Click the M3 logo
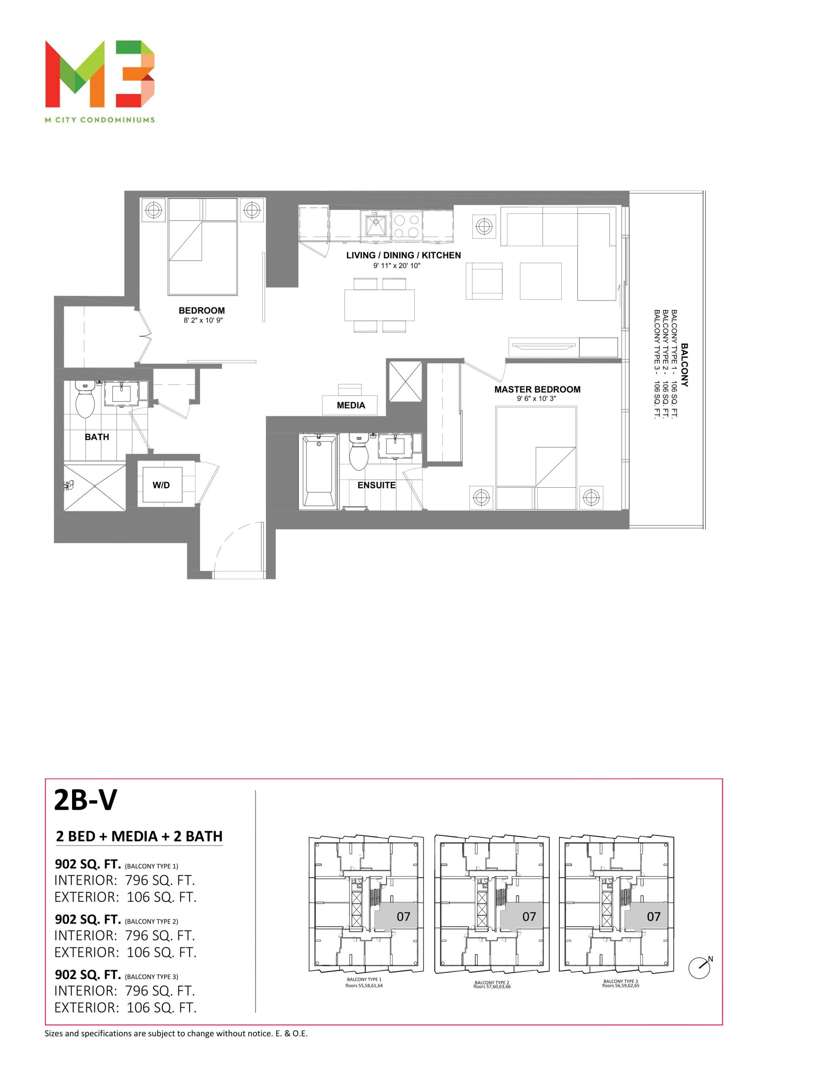point(100,74)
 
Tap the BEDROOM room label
point(202,310)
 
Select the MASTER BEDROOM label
point(537,389)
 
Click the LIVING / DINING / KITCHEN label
point(403,255)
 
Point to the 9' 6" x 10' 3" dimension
point(537,398)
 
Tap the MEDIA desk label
point(351,405)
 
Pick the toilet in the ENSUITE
point(359,452)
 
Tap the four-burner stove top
point(407,226)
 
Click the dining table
point(380,305)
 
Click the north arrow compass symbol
point(700,967)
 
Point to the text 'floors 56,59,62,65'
point(620,985)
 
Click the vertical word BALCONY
point(684,365)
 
